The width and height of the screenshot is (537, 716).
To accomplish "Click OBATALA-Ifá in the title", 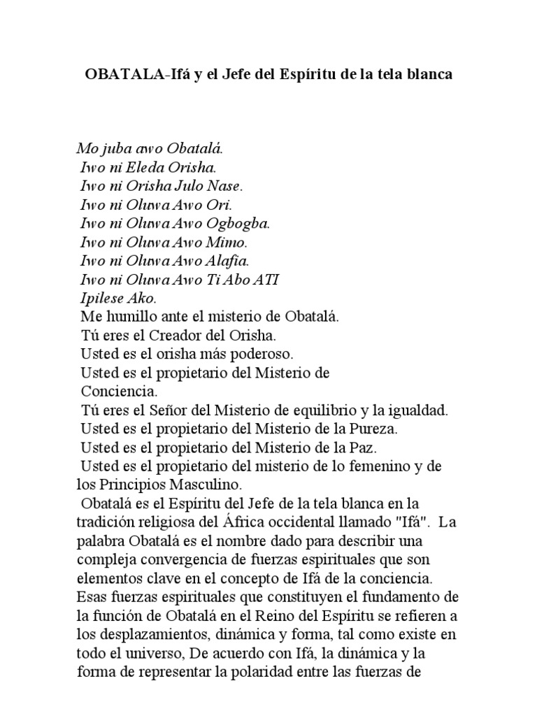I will pos(132,73).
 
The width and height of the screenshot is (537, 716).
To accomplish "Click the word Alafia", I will pos(228,262).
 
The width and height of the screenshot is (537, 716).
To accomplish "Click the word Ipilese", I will pos(101,299).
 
